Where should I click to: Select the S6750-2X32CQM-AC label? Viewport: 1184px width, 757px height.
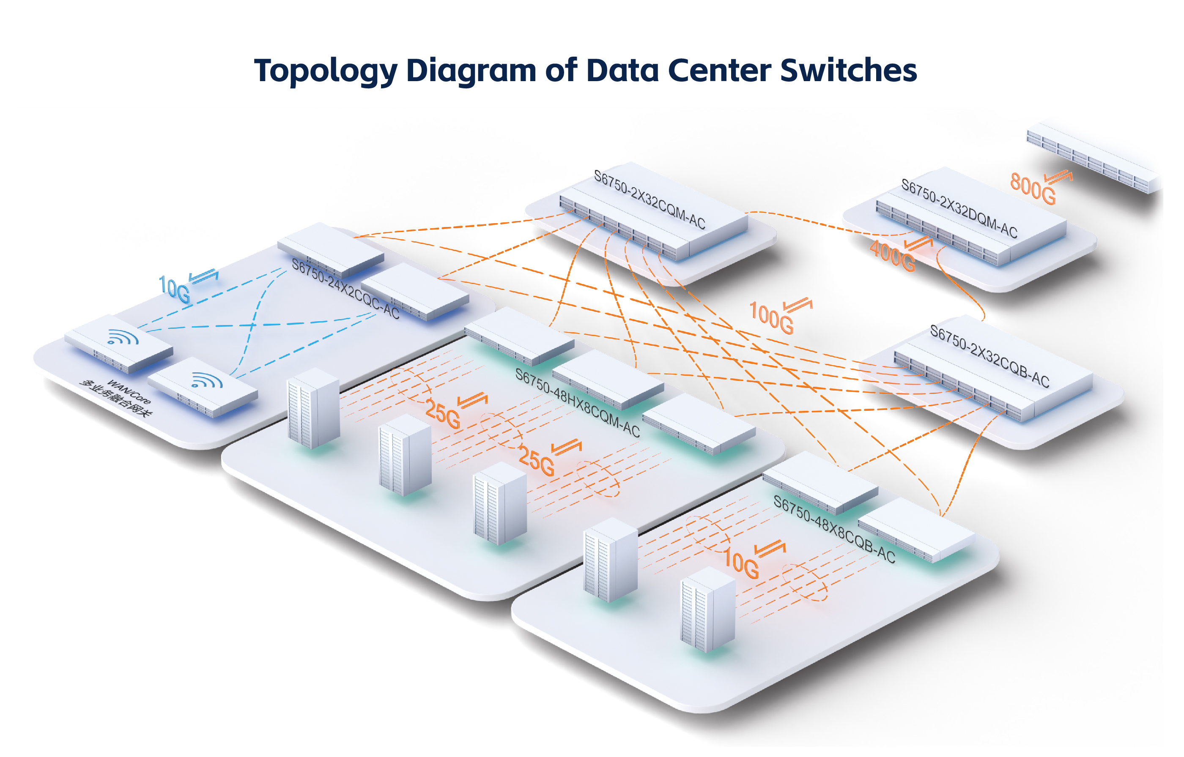(650, 199)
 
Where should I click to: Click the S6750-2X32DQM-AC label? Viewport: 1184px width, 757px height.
(959, 208)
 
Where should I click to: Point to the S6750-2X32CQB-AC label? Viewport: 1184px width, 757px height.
(989, 356)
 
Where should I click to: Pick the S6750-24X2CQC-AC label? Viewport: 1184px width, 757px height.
(345, 289)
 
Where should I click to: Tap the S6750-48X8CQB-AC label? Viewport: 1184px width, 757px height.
(834, 529)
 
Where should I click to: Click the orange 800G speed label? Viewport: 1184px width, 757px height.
(1033, 188)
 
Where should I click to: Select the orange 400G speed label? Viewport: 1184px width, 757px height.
(892, 256)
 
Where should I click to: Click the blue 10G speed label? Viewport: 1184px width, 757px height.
(174, 289)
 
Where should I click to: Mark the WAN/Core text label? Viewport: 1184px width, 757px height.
(129, 391)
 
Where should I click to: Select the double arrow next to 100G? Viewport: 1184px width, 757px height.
(798, 305)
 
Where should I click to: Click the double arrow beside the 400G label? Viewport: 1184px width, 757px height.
(918, 243)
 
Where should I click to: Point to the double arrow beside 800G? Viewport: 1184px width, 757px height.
(1058, 177)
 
